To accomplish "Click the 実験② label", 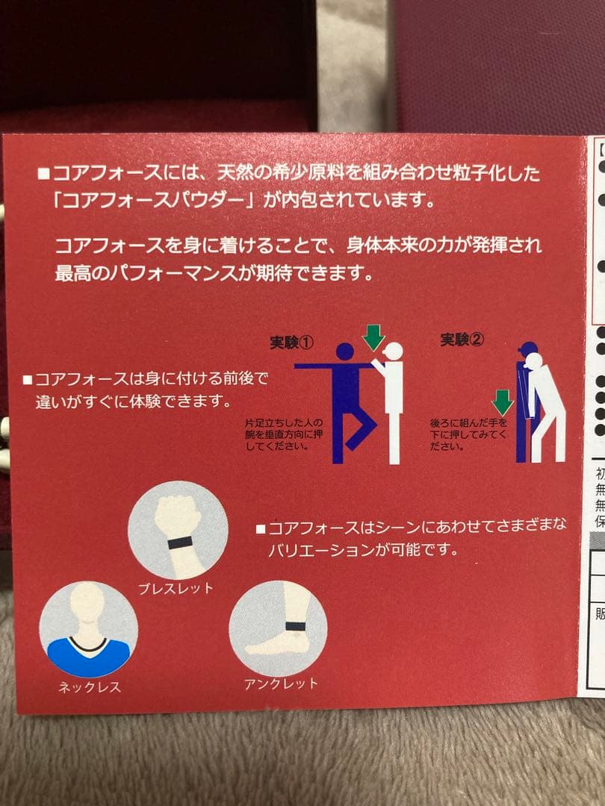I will tap(462, 340).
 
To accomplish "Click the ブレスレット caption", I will tap(176, 587).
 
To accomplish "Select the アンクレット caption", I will tap(281, 683).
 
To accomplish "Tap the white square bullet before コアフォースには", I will tap(43, 175).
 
